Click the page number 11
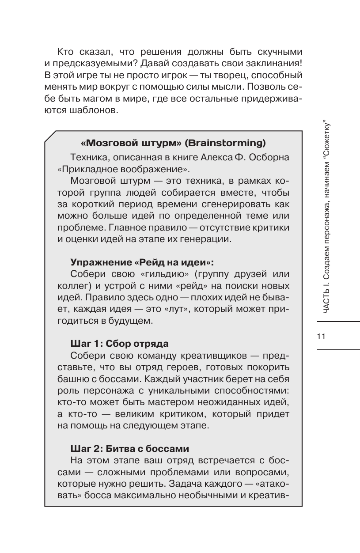point(321,336)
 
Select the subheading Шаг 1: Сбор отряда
point(120,343)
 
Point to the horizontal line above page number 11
point(338,322)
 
